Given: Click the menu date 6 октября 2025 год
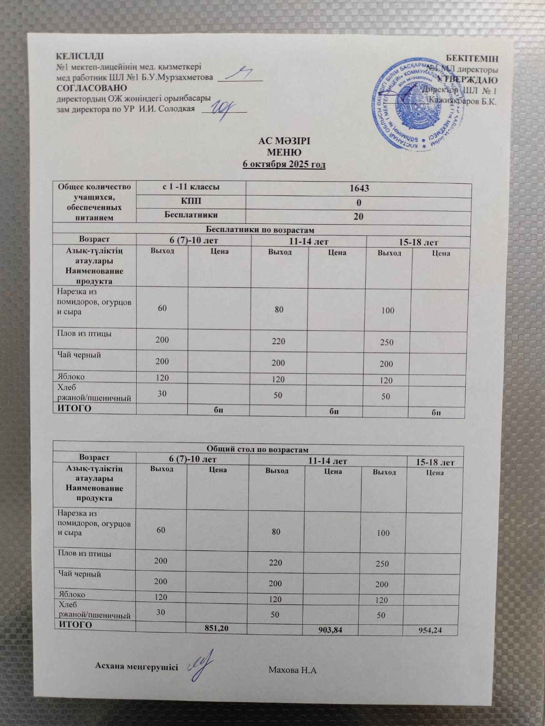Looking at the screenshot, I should (284, 164).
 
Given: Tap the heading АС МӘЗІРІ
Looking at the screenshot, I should (284, 141).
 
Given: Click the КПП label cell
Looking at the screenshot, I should (191, 201).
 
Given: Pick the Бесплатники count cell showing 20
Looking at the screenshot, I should (358, 216).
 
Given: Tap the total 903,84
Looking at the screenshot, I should (330, 629).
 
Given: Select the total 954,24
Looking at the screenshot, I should (431, 630).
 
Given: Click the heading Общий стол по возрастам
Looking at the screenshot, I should (258, 450).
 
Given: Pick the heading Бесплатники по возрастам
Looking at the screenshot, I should (260, 230).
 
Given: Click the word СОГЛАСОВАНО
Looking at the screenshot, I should (92, 88).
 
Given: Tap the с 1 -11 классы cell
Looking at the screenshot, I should (191, 187).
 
